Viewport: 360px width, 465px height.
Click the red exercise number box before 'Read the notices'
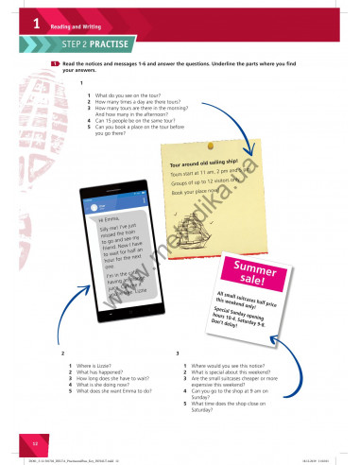pos(56,62)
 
